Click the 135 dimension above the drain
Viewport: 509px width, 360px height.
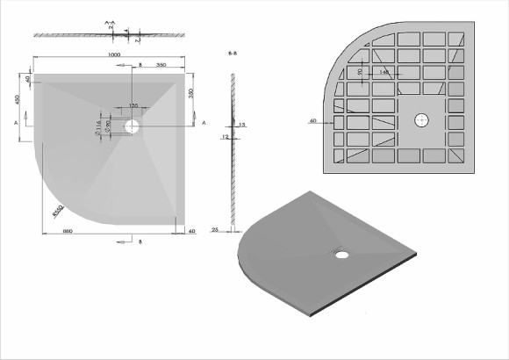coord(133,105)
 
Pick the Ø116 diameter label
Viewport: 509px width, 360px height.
coord(98,129)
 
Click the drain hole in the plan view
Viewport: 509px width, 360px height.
coord(132,126)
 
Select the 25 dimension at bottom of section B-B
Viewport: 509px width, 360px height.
coord(215,230)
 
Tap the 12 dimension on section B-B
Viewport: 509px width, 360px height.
coord(225,137)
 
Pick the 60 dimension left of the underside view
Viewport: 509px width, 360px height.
coord(313,119)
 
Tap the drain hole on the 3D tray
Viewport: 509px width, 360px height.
coord(340,256)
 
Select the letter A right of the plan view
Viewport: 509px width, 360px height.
coord(204,124)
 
